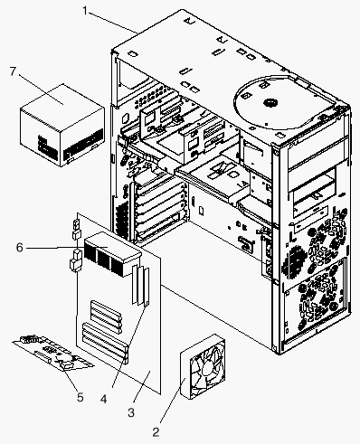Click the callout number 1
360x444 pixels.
pyautogui.click(x=85, y=11)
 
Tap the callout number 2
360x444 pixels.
pyautogui.click(x=156, y=432)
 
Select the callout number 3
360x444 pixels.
pyautogui.click(x=131, y=412)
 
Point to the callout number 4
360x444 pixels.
pyautogui.click(x=103, y=399)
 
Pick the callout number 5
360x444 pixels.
pyautogui.click(x=80, y=397)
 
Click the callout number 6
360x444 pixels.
pyautogui.click(x=20, y=248)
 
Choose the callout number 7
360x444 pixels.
pyautogui.click(x=13, y=71)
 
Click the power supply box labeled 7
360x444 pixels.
pyautogui.click(x=62, y=125)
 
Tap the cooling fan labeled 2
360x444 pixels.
pyautogui.click(x=203, y=367)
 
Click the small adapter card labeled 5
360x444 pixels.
pyautogui.click(x=53, y=353)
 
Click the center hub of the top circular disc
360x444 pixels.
pyautogui.click(x=270, y=103)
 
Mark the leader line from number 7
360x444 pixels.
pyautogui.click(x=41, y=90)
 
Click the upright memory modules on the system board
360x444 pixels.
pyautogui.click(x=140, y=285)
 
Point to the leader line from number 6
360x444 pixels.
pyautogui.click(x=67, y=248)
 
